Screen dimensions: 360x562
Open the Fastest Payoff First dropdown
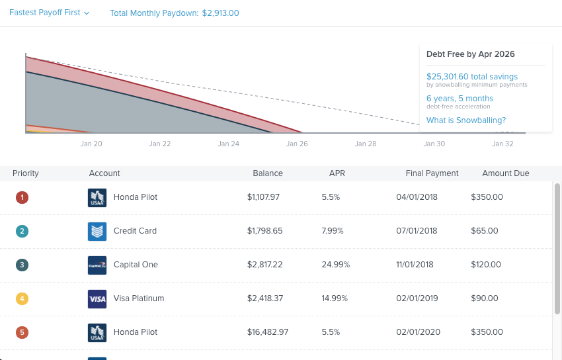49,13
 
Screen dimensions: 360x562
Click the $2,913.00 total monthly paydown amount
220,13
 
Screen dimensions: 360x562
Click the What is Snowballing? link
465,120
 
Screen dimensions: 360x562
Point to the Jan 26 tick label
297,144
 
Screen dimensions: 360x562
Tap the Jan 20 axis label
91,144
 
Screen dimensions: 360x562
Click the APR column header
337,173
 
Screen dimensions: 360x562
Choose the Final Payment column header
432,173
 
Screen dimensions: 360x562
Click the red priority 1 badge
22,197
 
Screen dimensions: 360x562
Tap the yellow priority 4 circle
22,298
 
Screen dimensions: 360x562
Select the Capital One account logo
97,265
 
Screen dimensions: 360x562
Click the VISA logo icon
97,298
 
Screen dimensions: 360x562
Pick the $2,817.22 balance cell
264,265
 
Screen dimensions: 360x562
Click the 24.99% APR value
335,265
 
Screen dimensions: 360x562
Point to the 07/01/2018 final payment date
417,231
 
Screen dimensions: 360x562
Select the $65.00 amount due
485,231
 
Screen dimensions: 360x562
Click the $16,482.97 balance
268,332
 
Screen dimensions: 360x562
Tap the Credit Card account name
135,231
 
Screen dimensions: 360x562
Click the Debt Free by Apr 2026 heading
470,54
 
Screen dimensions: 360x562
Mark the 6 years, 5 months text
460,99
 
